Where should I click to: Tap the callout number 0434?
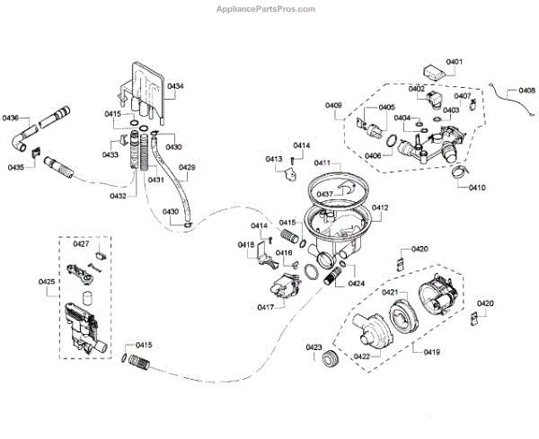pyautogui.click(x=175, y=86)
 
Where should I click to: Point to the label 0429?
pyautogui.click(x=187, y=168)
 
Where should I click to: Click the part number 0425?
pyautogui.click(x=47, y=282)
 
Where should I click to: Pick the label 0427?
pyautogui.click(x=81, y=244)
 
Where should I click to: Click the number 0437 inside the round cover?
pyautogui.click(x=324, y=194)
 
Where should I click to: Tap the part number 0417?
pyautogui.click(x=265, y=307)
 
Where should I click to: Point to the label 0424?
pyautogui.click(x=357, y=284)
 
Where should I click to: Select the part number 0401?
pyautogui.click(x=455, y=62)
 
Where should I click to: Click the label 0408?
pyautogui.click(x=526, y=91)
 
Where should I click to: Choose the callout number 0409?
pyautogui.click(x=333, y=107)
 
